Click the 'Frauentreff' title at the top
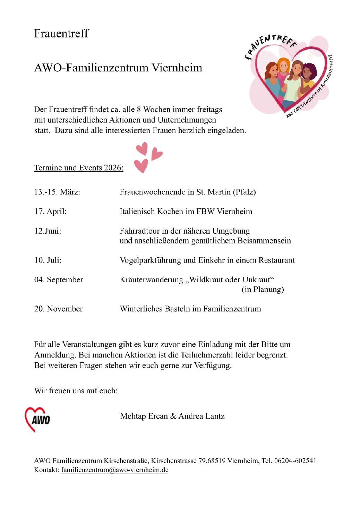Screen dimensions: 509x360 61,33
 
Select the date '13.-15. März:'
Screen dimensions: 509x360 57,192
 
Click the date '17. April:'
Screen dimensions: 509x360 50,212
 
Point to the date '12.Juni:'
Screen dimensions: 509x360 48,231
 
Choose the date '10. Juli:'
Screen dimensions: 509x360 48,260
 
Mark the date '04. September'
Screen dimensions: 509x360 59,279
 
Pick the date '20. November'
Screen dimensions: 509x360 58,309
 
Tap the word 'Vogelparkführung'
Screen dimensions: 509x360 150,260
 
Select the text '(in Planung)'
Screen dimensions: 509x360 263,289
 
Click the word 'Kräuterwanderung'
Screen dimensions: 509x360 151,279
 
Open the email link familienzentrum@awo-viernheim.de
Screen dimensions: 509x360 115,470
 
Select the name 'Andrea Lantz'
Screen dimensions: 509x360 202,416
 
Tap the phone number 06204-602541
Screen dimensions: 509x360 295,461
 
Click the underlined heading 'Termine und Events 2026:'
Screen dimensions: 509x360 78,168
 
